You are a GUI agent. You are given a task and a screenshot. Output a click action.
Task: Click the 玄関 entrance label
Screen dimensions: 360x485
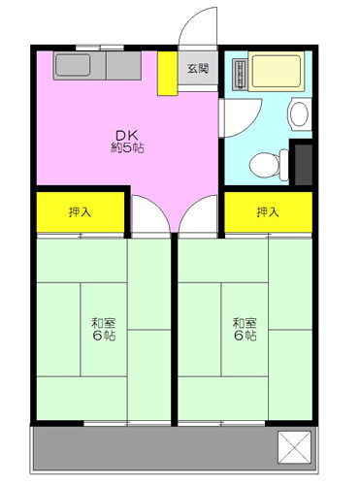coord(198,68)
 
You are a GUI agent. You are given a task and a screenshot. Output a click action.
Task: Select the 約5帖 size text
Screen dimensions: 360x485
coord(127,147)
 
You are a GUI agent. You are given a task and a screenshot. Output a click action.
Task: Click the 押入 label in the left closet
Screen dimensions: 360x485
coord(80,212)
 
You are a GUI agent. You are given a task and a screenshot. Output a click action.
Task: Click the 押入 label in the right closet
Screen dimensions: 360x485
coord(268,212)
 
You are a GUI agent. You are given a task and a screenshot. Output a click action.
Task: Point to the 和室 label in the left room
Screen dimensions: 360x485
coord(104,323)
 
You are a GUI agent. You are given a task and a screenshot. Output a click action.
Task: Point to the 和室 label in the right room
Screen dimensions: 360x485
coord(245,323)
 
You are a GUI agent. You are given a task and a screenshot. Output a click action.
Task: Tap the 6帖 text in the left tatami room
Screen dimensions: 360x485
coord(104,336)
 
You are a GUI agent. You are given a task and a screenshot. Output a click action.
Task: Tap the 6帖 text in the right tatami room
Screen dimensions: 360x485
coord(245,336)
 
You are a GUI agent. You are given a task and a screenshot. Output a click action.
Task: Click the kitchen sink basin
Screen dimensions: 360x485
coord(73,65)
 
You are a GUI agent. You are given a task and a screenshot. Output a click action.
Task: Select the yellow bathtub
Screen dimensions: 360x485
coord(277,71)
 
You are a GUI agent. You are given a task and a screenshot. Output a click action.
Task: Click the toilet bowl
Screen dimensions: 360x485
coord(265,165)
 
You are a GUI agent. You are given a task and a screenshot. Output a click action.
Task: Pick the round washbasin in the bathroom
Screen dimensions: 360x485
coord(299,114)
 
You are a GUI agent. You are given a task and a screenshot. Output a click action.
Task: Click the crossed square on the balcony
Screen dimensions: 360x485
coord(294,446)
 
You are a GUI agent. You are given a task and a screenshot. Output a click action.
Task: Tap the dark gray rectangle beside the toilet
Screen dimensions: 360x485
coord(304,165)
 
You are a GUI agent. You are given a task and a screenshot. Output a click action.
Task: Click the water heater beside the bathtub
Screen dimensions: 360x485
coord(240,75)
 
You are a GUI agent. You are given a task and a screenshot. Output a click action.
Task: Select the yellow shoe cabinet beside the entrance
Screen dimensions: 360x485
coord(167,74)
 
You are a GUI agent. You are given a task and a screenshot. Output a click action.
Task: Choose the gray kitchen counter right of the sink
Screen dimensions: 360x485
coord(123,66)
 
